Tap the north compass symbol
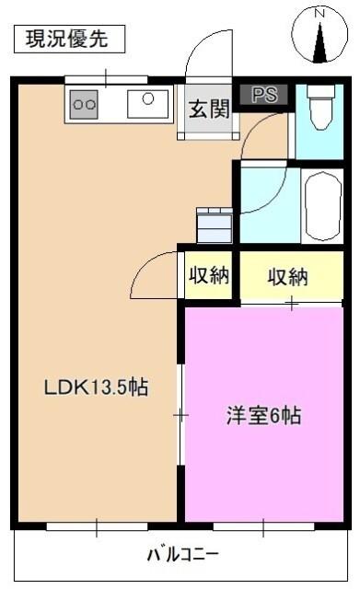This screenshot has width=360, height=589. [x=320, y=37]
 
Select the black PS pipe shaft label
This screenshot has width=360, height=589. [x=264, y=94]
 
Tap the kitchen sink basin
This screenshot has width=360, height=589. [x=146, y=104]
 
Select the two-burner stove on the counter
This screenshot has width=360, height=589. [x=85, y=104]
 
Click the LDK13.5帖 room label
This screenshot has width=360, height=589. [x=97, y=387]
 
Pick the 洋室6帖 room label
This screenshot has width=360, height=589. [x=264, y=415]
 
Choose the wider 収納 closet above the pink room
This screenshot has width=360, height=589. [x=288, y=276]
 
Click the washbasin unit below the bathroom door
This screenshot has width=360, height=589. [x=215, y=224]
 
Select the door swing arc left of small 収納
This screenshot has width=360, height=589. [x=154, y=273]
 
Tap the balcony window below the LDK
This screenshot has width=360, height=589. [x=98, y=526]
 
